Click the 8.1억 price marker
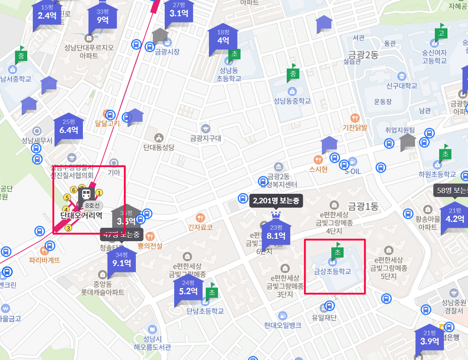tap(276, 236)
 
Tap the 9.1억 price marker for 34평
tap(122, 262)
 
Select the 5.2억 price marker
tap(188, 291)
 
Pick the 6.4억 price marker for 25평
tap(69, 129)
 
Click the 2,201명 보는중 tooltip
tap(276, 201)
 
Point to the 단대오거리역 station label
tap(81, 216)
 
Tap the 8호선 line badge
tap(92, 205)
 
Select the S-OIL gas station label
tap(353, 171)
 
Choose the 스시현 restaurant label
tap(318, 169)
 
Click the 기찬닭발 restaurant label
tap(355, 127)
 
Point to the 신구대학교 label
tap(402, 86)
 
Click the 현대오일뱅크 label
tap(282, 325)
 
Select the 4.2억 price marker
tap(455, 218)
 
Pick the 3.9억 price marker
tap(429, 341)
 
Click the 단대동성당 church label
tap(159, 147)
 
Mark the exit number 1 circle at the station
tap(100, 193)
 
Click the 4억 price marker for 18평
tap(223, 40)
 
